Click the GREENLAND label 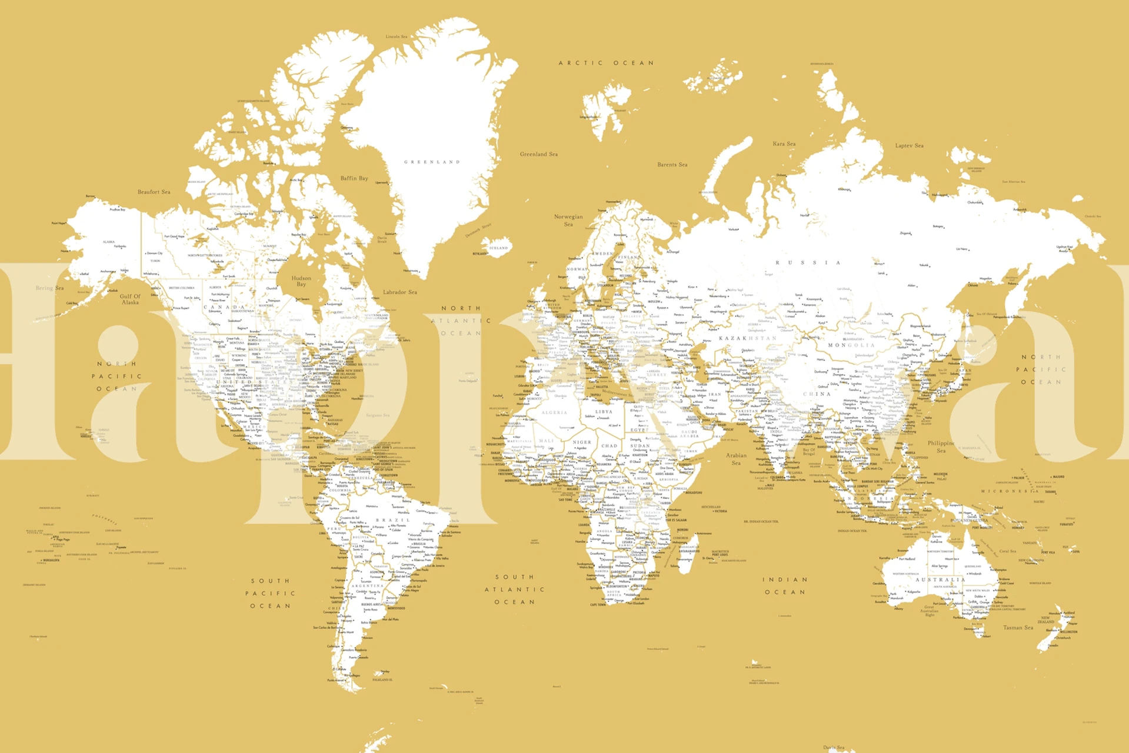pyautogui.click(x=432, y=162)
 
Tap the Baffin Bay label pyautogui.click(x=354, y=178)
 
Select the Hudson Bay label pyautogui.click(x=301, y=281)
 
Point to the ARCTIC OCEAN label pyautogui.click(x=606, y=63)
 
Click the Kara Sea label pyautogui.click(x=784, y=144)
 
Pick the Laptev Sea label pyautogui.click(x=909, y=145)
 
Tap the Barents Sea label pyautogui.click(x=672, y=165)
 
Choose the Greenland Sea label pyautogui.click(x=538, y=154)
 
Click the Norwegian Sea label pyautogui.click(x=568, y=220)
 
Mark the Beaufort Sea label pyautogui.click(x=154, y=192)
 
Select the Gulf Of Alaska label pyautogui.click(x=130, y=299)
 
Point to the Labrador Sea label pyautogui.click(x=399, y=292)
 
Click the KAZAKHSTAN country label pyautogui.click(x=747, y=338)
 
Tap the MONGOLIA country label pyautogui.click(x=851, y=345)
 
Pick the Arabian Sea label pyautogui.click(x=736, y=459)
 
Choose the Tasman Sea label pyautogui.click(x=1018, y=628)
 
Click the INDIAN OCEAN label pyautogui.click(x=785, y=586)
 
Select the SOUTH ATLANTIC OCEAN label pyautogui.click(x=515, y=589)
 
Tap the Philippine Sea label pyautogui.click(x=941, y=447)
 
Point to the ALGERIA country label pyautogui.click(x=554, y=412)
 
